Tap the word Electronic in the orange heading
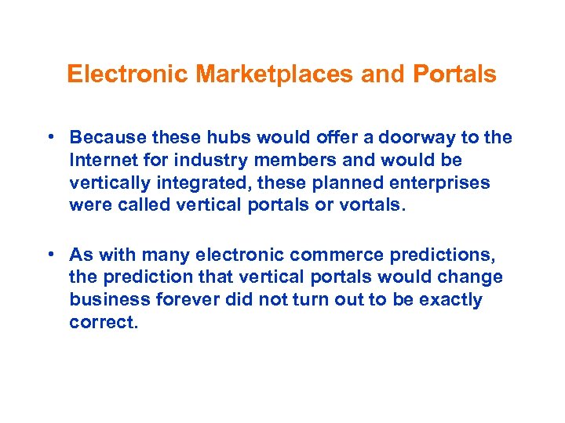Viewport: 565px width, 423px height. click(x=128, y=74)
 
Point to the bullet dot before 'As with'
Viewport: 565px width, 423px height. click(x=49, y=255)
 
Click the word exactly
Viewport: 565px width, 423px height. click(x=446, y=300)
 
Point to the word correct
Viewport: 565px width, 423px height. click(x=103, y=322)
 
